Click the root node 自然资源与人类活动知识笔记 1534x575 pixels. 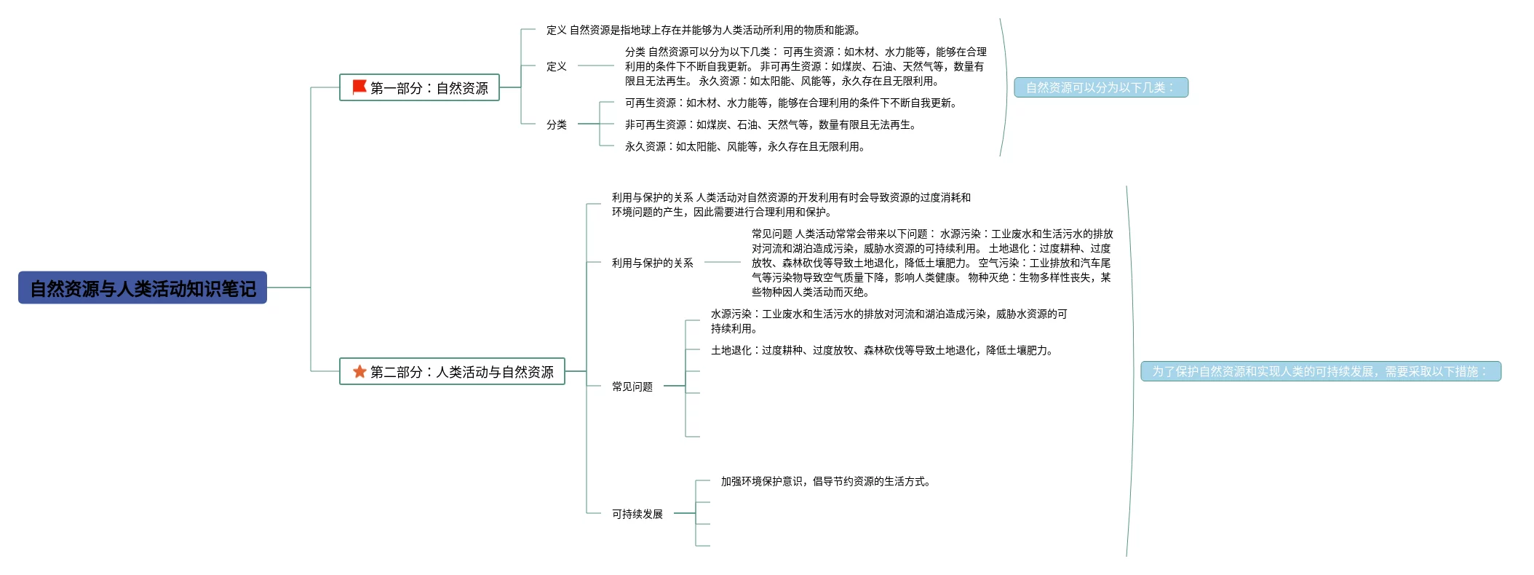click(x=143, y=288)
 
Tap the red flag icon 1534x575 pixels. click(x=359, y=87)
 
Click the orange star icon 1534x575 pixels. click(x=359, y=372)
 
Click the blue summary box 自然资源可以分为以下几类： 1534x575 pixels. click(x=1100, y=88)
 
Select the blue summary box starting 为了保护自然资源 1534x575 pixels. click(x=1320, y=372)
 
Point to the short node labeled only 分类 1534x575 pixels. click(x=557, y=124)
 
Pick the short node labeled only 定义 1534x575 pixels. click(x=557, y=66)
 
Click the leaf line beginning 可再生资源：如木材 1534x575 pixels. click(x=790, y=103)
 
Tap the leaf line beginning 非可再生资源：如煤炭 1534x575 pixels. click(x=770, y=124)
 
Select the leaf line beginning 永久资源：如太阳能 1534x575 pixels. click(x=744, y=146)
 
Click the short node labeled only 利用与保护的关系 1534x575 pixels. click(x=652, y=263)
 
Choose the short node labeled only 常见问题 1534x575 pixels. click(x=632, y=386)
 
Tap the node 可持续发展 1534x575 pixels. click(x=637, y=514)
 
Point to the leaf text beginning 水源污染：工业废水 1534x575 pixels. click(x=888, y=321)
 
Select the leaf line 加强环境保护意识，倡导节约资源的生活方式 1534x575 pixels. click(x=825, y=481)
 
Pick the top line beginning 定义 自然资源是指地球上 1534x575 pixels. click(x=703, y=30)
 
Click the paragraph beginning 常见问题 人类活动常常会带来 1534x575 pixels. click(x=931, y=263)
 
